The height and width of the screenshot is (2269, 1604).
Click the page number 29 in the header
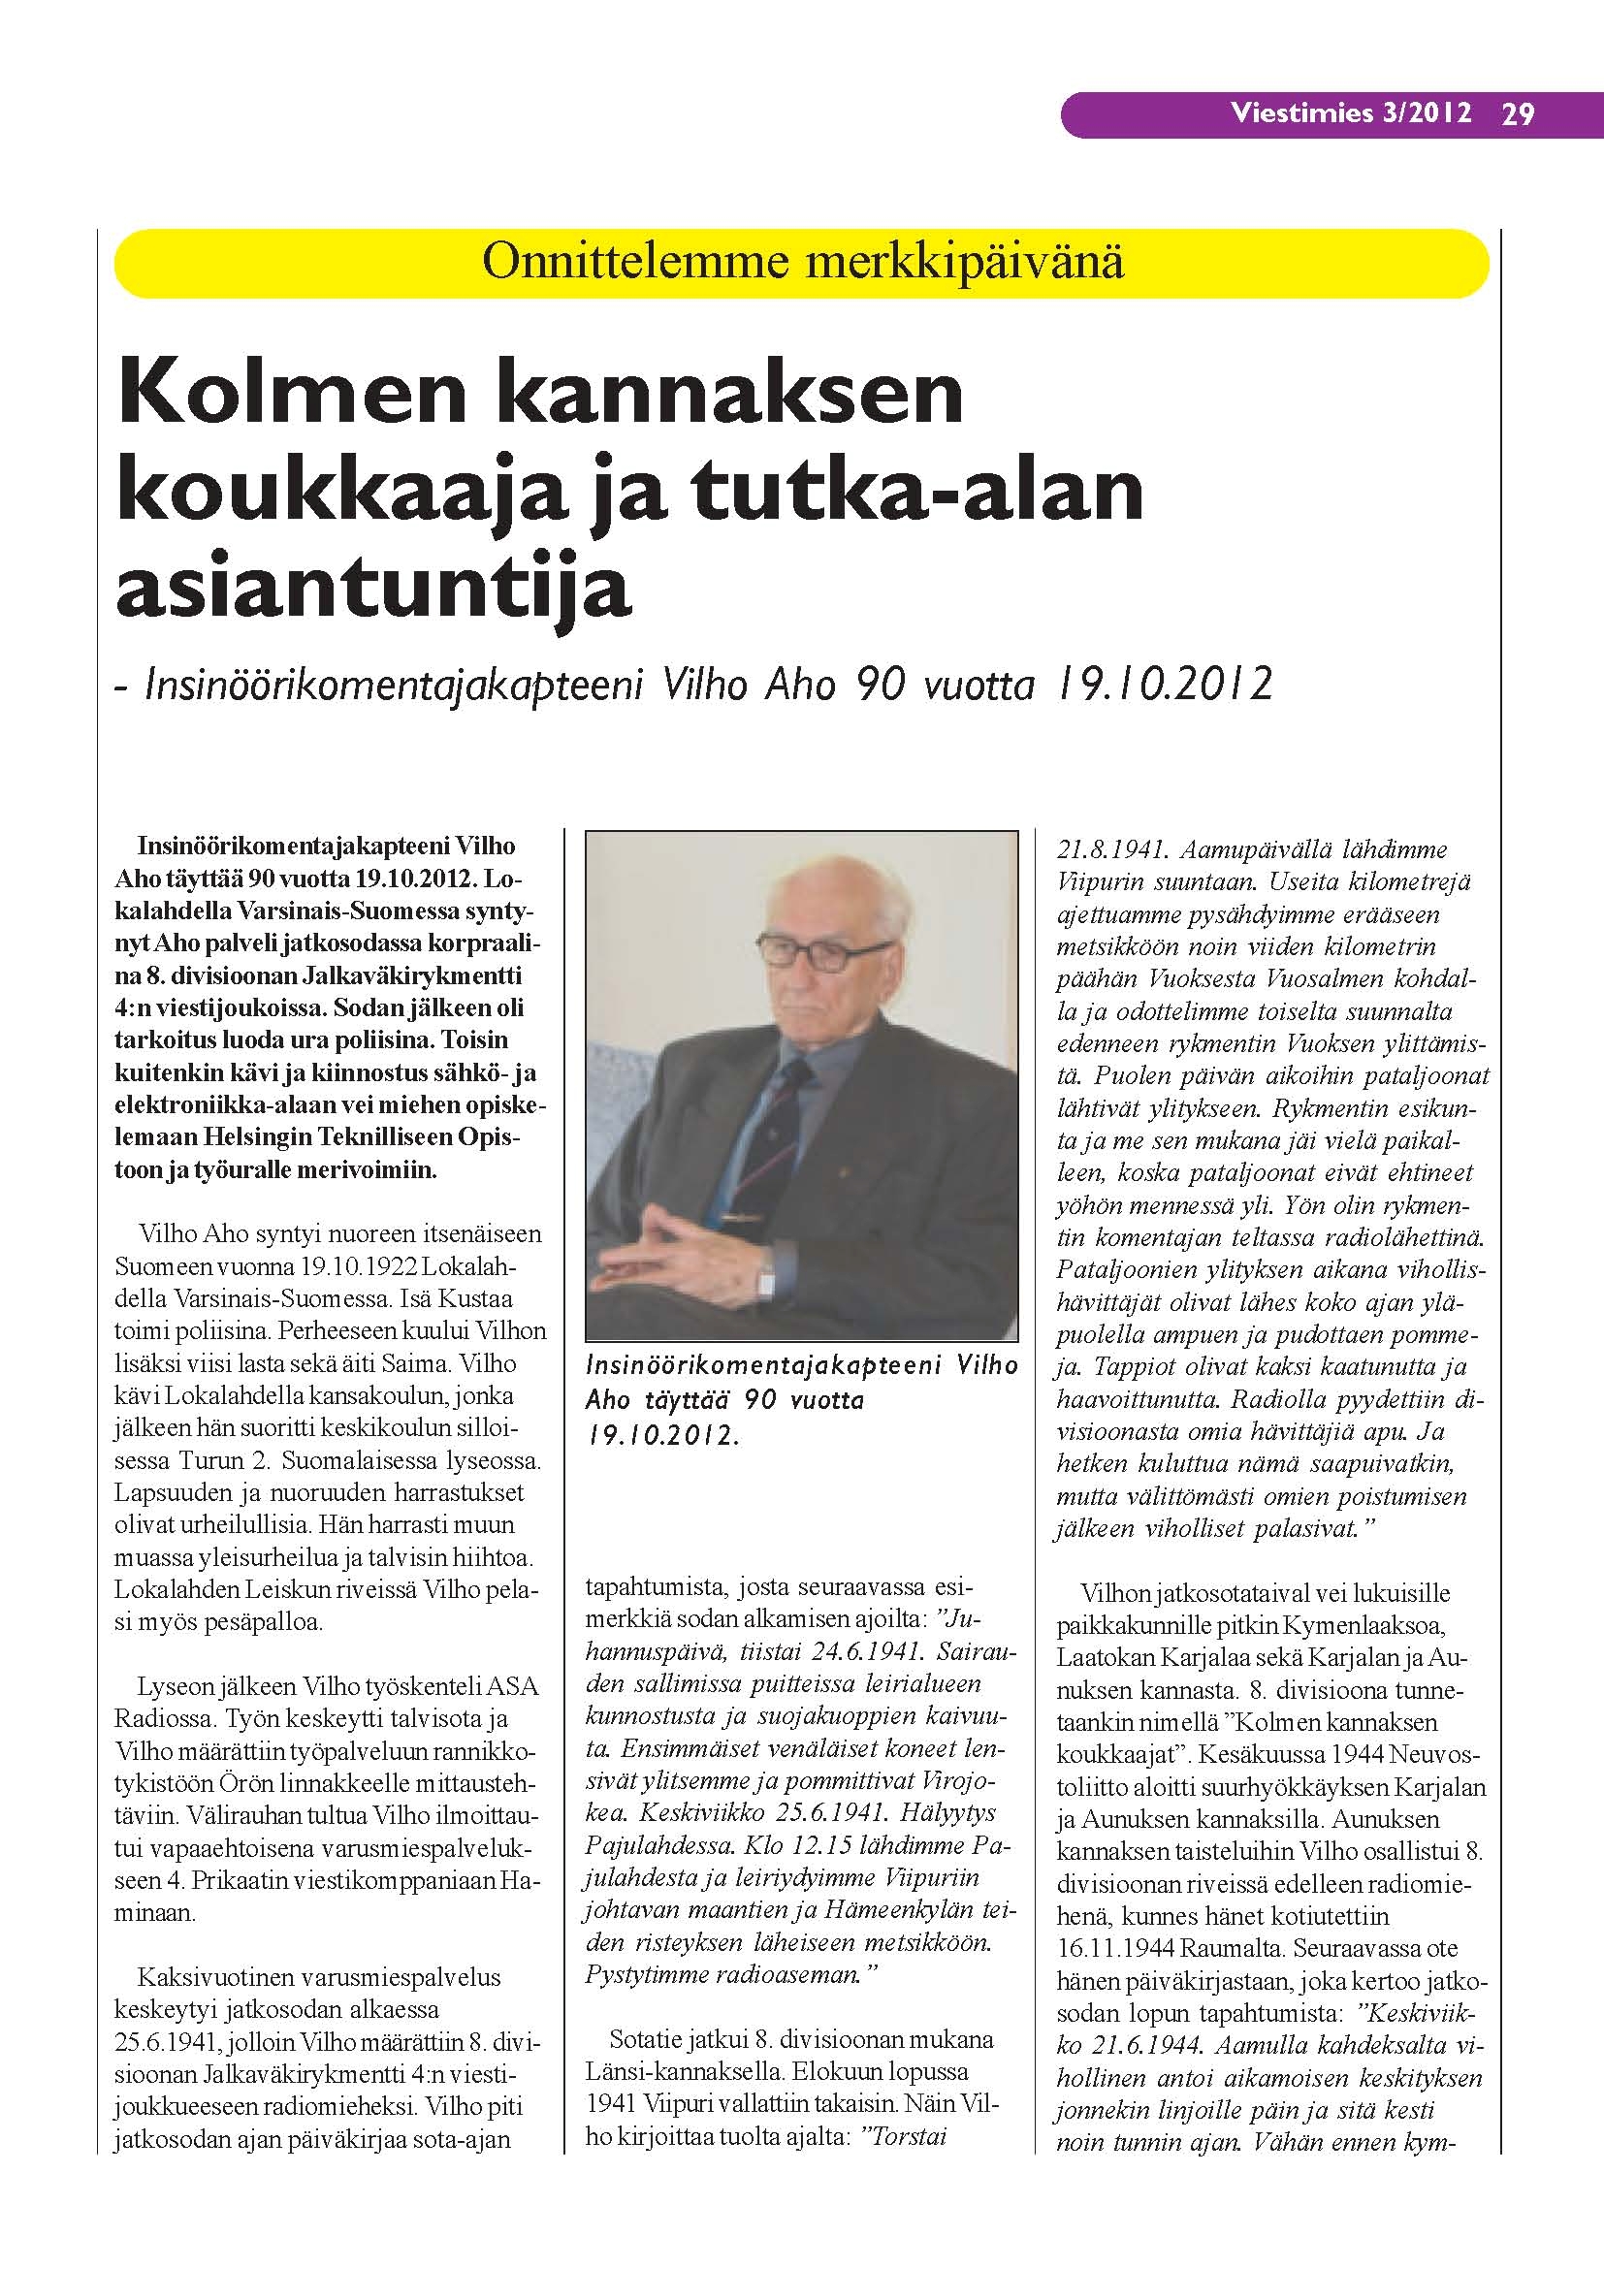pyautogui.click(x=1518, y=114)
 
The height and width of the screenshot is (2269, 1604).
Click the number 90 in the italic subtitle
pyautogui.click(x=882, y=684)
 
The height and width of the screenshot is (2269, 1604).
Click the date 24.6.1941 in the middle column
pyautogui.click(x=858, y=1652)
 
